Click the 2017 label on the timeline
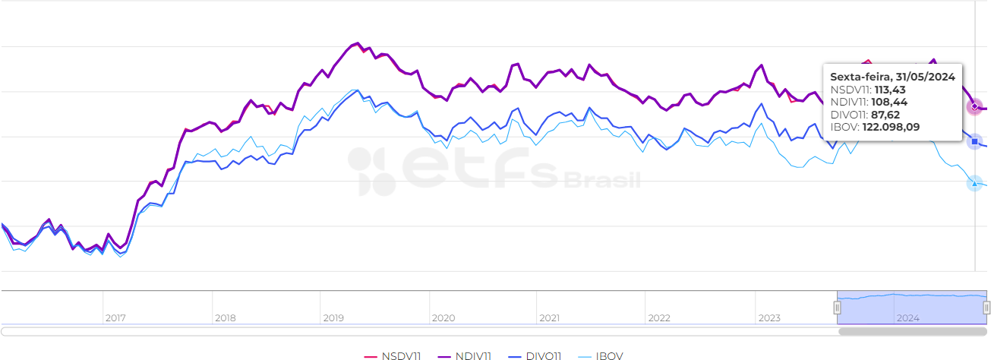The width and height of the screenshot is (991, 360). click(x=115, y=318)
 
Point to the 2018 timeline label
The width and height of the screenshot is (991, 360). click(x=226, y=318)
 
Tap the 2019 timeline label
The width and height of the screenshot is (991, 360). click(x=333, y=318)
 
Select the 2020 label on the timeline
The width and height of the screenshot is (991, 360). click(x=443, y=318)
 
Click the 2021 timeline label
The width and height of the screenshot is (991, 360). click(x=549, y=318)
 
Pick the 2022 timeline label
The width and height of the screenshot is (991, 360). click(x=659, y=318)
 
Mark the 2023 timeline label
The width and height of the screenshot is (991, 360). click(x=768, y=318)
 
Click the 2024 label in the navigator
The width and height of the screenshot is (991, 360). click(x=908, y=318)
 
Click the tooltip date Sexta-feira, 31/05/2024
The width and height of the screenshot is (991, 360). click(x=892, y=77)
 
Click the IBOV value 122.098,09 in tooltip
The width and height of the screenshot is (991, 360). click(x=891, y=127)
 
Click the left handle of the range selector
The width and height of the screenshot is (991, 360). click(x=837, y=308)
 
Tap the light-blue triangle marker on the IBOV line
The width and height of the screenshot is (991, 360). click(x=974, y=183)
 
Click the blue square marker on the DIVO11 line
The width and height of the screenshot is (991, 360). click(x=974, y=141)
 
